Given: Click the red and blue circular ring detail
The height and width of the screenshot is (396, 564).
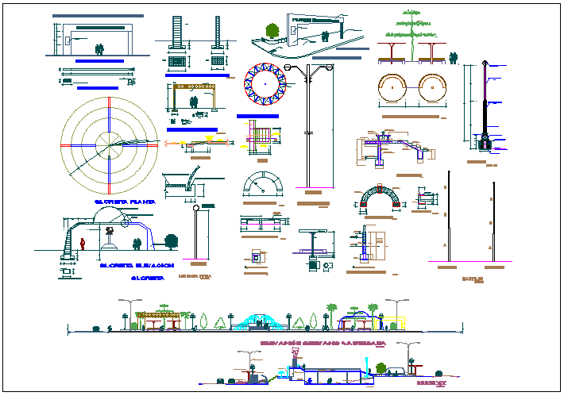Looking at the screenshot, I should pyautogui.click(x=264, y=83).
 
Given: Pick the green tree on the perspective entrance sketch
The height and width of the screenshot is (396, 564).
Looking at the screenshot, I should pyautogui.click(x=272, y=31).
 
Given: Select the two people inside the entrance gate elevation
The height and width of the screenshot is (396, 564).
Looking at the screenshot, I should pyautogui.click(x=99, y=49).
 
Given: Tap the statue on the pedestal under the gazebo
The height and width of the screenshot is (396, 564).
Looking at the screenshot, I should pyautogui.click(x=111, y=236).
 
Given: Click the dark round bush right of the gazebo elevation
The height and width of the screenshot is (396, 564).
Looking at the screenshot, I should pyautogui.click(x=169, y=241).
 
